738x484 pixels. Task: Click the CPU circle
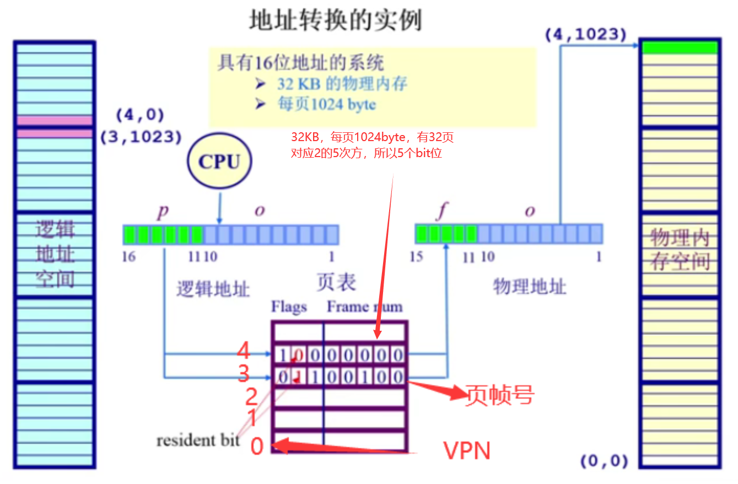click(x=219, y=162)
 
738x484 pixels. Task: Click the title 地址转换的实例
click(x=336, y=20)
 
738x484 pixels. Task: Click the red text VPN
click(x=467, y=450)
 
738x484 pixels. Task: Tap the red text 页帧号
click(x=500, y=395)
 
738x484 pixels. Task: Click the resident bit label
click(x=198, y=440)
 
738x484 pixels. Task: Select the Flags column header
click(x=289, y=307)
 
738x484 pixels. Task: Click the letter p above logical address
click(x=162, y=211)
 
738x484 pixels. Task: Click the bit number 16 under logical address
click(x=128, y=257)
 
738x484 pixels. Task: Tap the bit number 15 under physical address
click(x=417, y=257)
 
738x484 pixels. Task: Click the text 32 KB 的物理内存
click(x=342, y=84)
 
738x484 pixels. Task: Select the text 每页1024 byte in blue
click(x=326, y=104)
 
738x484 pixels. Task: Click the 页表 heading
click(x=336, y=282)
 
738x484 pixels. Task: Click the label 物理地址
click(x=529, y=286)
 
